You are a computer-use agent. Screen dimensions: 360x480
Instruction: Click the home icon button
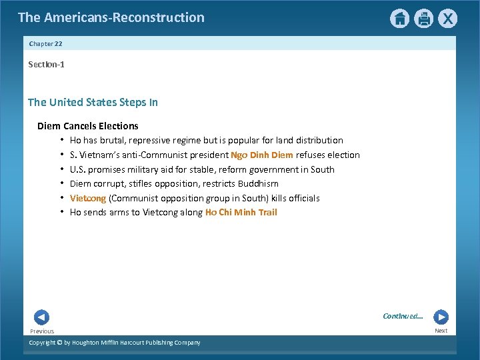(399, 19)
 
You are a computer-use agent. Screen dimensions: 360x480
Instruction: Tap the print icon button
(424, 19)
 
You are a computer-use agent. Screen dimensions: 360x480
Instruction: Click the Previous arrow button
(41, 317)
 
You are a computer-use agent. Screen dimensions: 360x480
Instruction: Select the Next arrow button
(441, 317)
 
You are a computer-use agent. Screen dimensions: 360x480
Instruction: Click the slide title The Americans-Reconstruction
(111, 17)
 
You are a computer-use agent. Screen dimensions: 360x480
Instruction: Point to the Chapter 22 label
(45, 43)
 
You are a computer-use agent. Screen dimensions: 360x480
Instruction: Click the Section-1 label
(46, 65)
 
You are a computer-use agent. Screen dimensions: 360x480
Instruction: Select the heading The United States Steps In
(93, 102)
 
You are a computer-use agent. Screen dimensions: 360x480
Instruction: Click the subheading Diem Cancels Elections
(87, 126)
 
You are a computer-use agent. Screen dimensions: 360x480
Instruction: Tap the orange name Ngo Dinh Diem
(262, 155)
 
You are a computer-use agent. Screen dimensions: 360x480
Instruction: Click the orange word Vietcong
(88, 198)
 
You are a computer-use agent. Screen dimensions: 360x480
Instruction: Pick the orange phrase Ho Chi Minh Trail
(241, 213)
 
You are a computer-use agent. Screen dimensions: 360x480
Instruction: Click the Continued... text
(403, 316)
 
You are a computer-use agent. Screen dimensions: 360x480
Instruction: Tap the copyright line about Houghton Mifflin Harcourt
(114, 343)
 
